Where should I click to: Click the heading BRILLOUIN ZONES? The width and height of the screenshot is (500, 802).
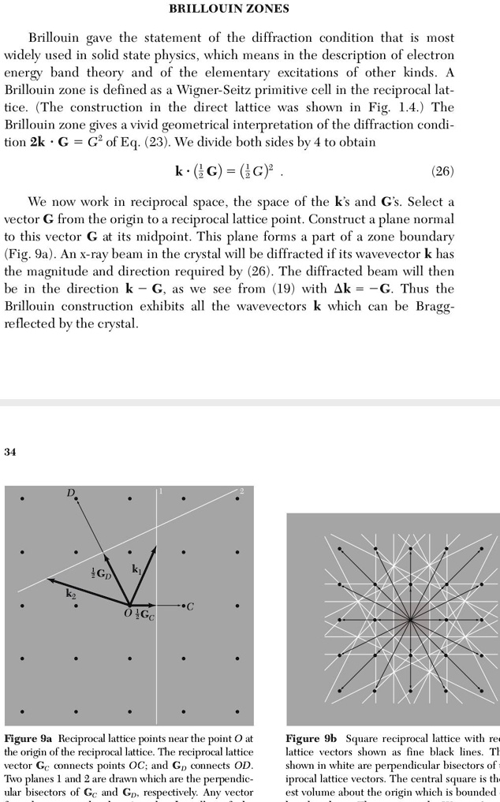point(229,9)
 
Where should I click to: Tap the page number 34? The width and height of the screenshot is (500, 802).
point(10,452)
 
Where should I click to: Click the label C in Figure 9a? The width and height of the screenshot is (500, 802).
point(191,606)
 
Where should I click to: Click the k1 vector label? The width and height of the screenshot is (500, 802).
point(136,568)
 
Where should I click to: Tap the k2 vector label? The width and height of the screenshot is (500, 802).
point(71,594)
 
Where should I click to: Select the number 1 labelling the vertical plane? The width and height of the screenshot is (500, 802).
point(160,491)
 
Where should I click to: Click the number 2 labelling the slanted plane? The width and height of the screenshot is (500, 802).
point(241,491)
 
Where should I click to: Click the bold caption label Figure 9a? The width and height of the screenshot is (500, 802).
point(29,739)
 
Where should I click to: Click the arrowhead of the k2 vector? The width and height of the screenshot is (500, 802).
point(50,580)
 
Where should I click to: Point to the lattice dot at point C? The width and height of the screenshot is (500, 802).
point(183,606)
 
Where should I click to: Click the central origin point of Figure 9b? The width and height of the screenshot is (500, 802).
point(410,621)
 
